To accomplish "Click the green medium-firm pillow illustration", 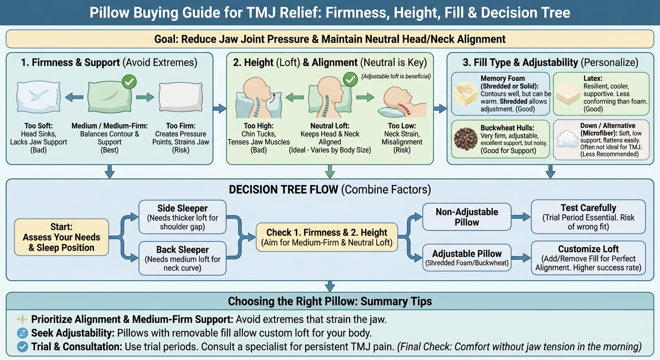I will (109, 97).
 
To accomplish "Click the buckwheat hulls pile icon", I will (466, 139).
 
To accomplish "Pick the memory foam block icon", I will (466, 93).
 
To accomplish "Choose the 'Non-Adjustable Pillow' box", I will (466, 217).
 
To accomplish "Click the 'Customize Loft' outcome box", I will (588, 258).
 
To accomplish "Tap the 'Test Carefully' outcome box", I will (588, 217).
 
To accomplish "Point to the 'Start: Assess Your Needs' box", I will (61, 237).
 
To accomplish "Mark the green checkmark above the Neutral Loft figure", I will (351, 80).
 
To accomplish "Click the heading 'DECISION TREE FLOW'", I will (283, 190).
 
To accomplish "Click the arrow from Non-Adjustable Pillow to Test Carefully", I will (520, 217).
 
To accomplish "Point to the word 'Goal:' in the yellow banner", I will (166, 38).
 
